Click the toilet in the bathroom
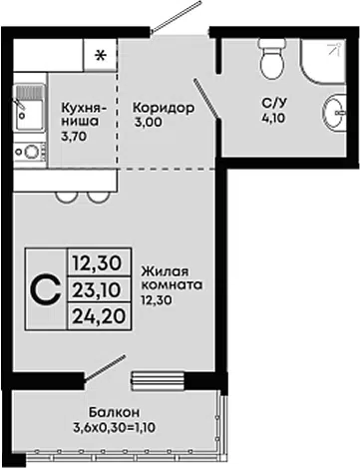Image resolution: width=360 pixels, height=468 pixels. click(x=272, y=59)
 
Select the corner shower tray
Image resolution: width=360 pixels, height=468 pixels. click(x=323, y=62)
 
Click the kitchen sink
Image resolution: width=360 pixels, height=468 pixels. click(x=30, y=107)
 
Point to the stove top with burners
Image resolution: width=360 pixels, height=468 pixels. click(x=30, y=152)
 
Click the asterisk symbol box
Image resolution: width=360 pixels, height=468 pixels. click(x=100, y=55)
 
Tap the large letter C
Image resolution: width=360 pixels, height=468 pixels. click(x=46, y=289)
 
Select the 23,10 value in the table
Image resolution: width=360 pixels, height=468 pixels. click(x=96, y=290)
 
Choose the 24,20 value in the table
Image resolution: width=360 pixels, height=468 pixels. click(x=99, y=316)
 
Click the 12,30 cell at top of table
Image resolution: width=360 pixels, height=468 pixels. click(x=97, y=263)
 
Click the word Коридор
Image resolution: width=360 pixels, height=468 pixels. click(x=164, y=108)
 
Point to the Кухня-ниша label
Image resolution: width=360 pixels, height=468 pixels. click(x=85, y=115)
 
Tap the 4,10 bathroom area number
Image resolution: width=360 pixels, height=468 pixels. click(x=274, y=118)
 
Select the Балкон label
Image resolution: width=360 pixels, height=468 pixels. click(x=114, y=413)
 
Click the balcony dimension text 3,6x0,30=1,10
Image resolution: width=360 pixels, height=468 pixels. click(x=114, y=427)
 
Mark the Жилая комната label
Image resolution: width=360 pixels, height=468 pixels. click(x=172, y=278)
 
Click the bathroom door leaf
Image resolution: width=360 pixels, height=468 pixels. click(x=206, y=98)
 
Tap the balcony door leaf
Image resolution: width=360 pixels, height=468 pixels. click(x=105, y=368)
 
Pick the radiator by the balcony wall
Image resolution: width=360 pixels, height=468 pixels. click(x=158, y=381)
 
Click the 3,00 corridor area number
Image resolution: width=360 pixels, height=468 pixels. click(x=149, y=123)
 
